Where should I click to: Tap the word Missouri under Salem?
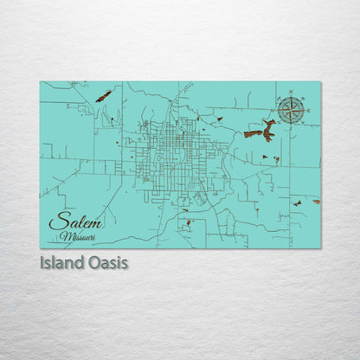80,235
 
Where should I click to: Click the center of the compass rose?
292,110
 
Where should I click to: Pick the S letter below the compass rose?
292,125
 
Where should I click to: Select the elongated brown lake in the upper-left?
103,95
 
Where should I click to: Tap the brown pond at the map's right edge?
316,201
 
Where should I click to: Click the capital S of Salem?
55,222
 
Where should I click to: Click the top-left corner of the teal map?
40,81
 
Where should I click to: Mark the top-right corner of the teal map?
320,81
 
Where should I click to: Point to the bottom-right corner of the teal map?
320,248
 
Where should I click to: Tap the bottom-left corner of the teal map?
40,248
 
